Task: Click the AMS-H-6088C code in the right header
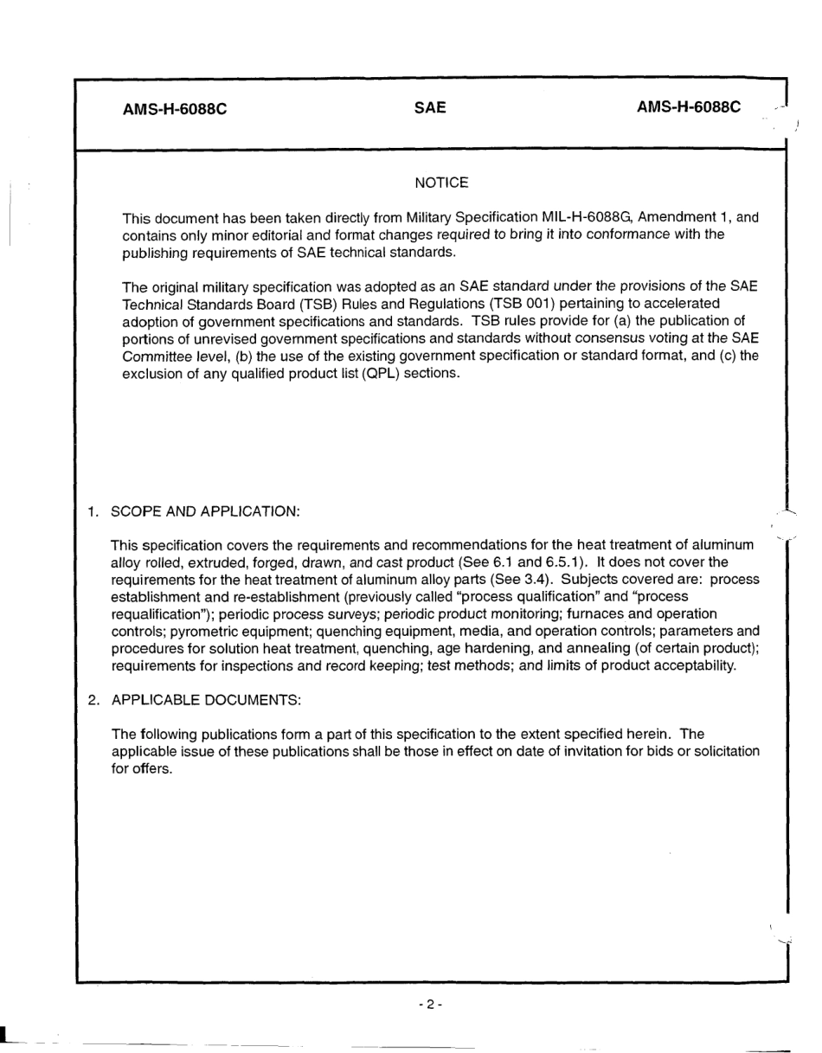click(x=689, y=107)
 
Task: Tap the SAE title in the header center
click(x=430, y=108)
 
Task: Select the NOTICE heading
click(x=441, y=183)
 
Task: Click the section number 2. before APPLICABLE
click(x=93, y=699)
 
